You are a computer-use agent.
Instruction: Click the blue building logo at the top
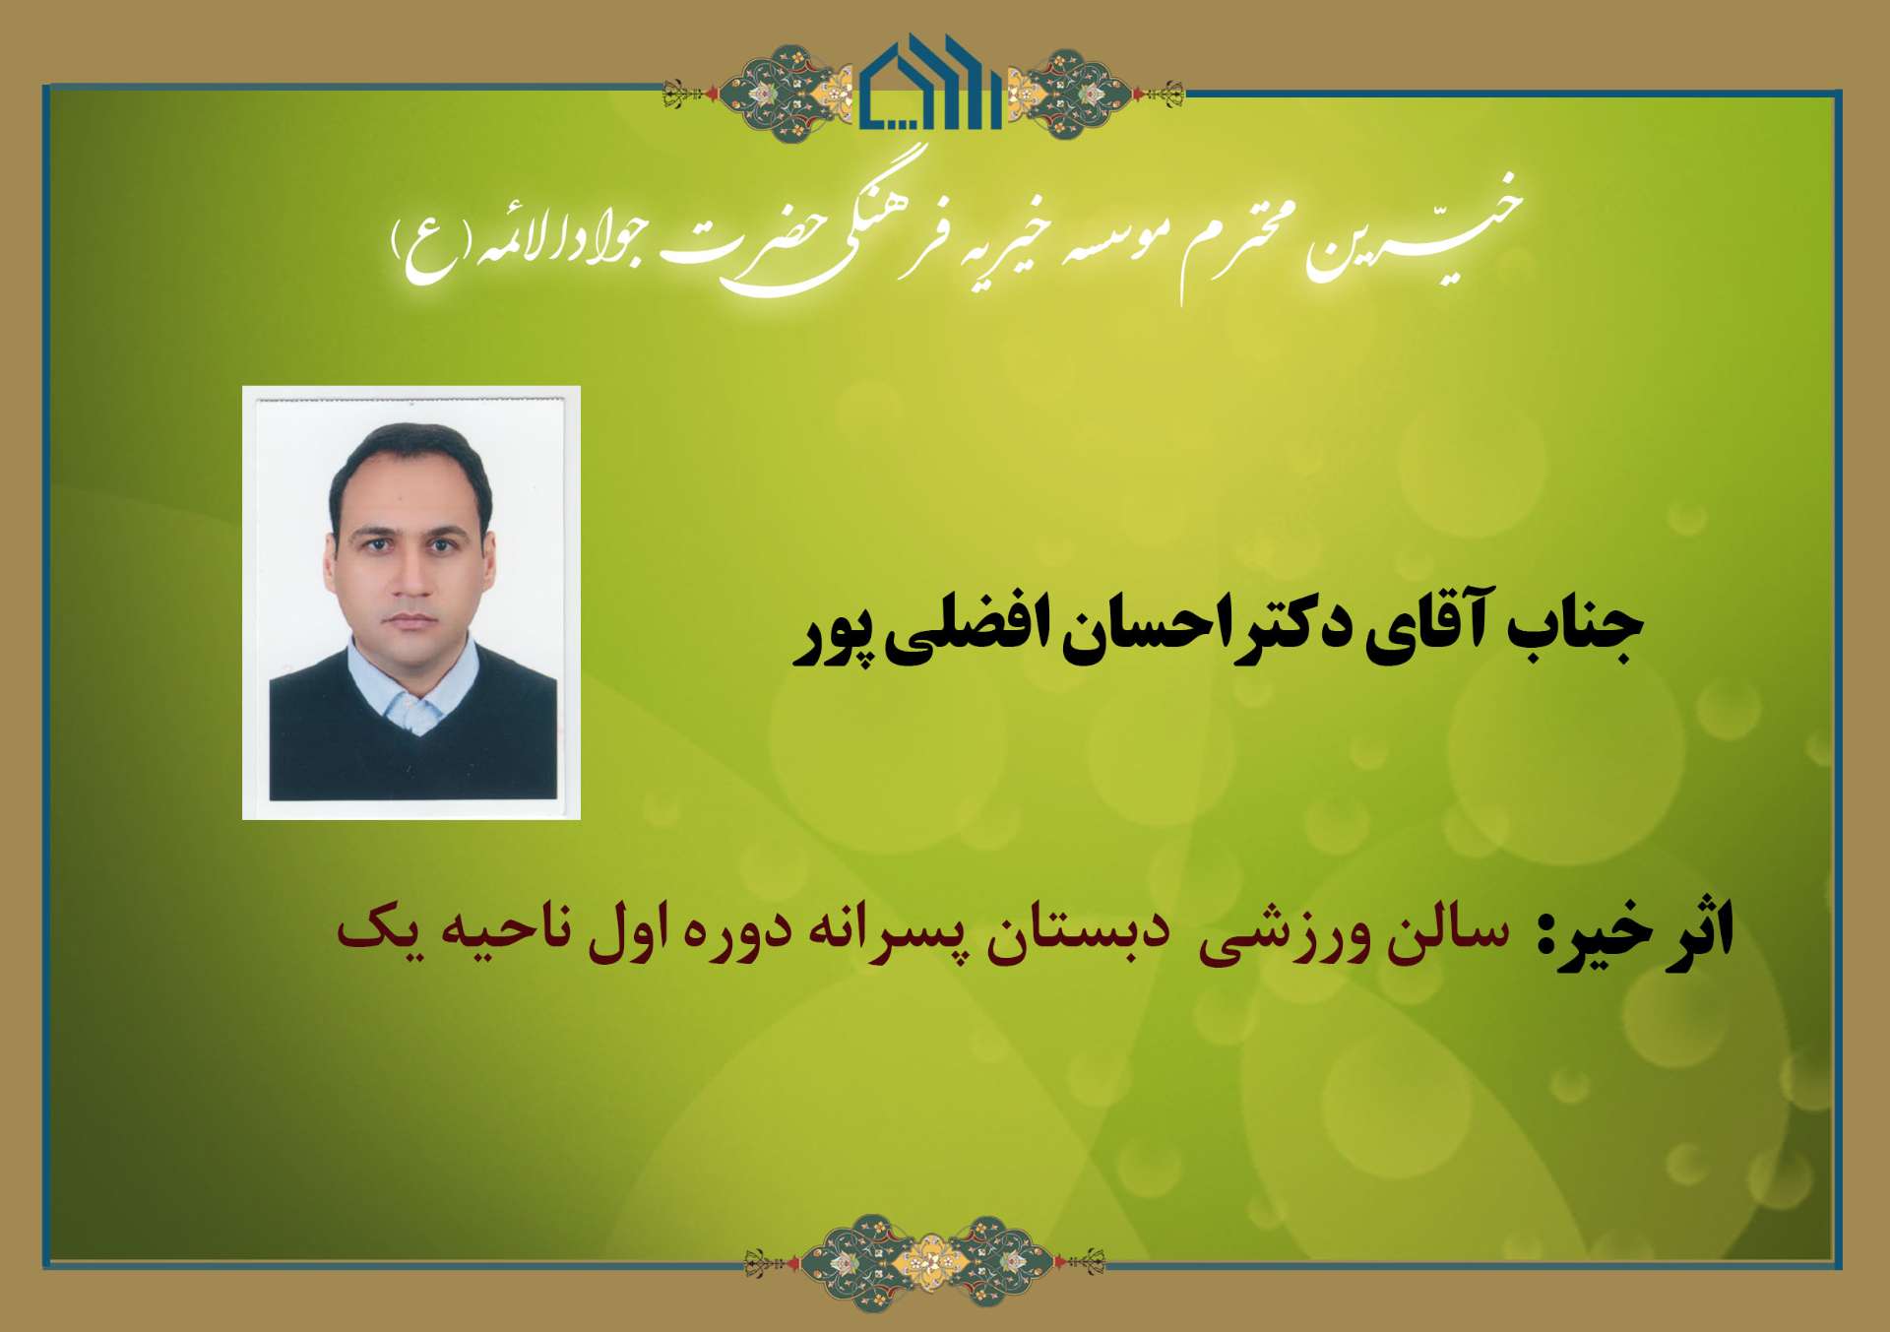click(x=930, y=84)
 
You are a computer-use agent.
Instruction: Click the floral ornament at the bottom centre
click(x=924, y=1262)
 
